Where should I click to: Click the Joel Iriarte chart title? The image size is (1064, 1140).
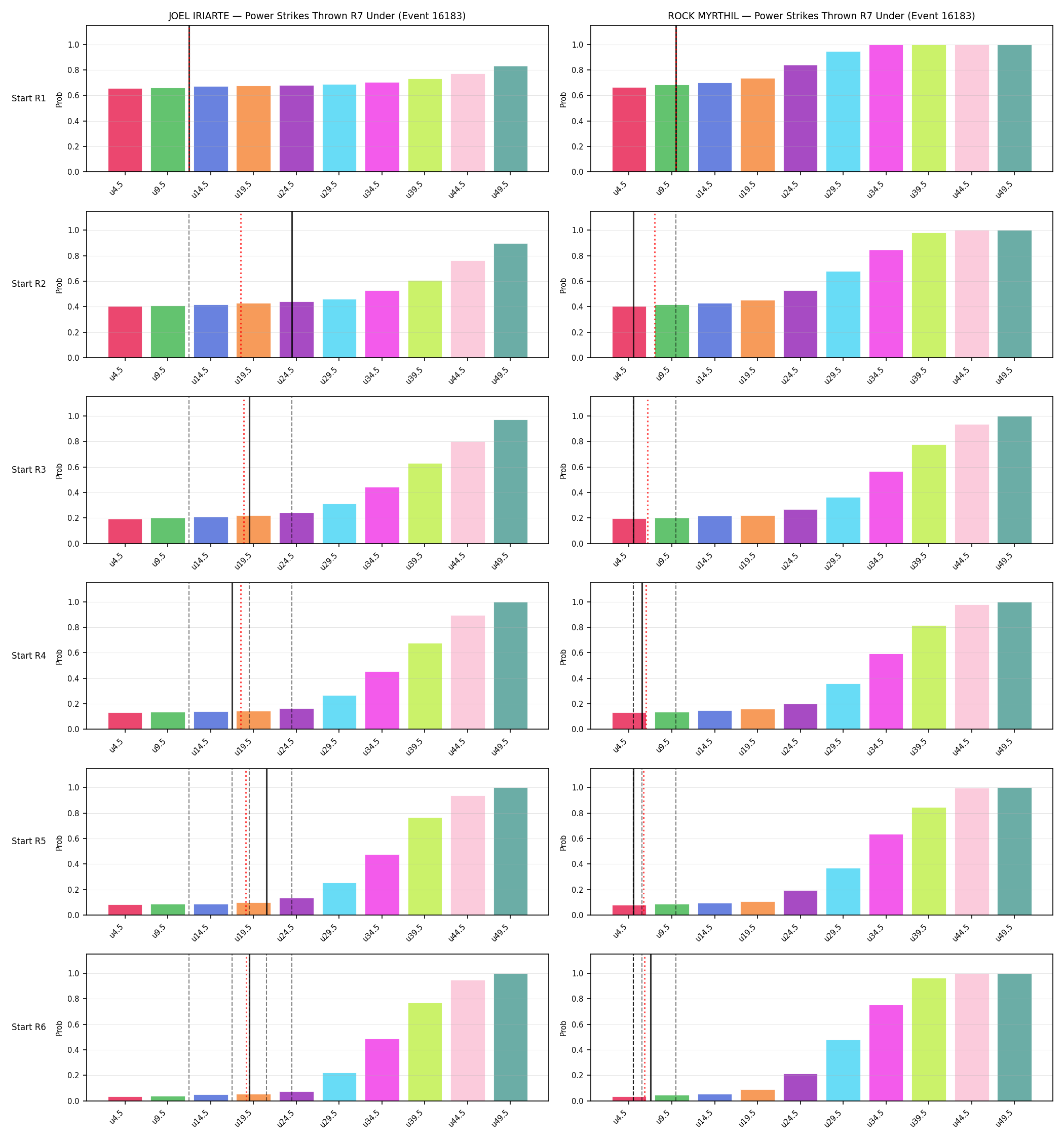pyautogui.click(x=317, y=16)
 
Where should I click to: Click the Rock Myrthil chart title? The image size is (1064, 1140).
pyautogui.click(x=821, y=16)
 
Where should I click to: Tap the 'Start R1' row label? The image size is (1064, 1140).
pyautogui.click(x=29, y=98)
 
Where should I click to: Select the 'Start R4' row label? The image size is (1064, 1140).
pyautogui.click(x=29, y=656)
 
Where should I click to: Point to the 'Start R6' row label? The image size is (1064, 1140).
pyautogui.click(x=29, y=1027)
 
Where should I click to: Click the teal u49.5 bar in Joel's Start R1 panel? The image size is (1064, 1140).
pyautogui.click(x=511, y=119)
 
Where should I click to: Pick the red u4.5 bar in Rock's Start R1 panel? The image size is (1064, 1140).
pyautogui.click(x=629, y=130)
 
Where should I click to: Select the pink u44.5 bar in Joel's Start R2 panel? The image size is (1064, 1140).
pyautogui.click(x=468, y=309)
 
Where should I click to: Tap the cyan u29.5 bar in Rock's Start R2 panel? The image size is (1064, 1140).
pyautogui.click(x=843, y=315)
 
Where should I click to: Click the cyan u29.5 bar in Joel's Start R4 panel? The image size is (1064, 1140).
pyautogui.click(x=339, y=712)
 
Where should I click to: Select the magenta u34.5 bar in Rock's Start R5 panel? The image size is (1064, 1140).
pyautogui.click(x=886, y=875)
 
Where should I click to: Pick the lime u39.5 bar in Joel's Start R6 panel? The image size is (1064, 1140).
pyautogui.click(x=425, y=1052)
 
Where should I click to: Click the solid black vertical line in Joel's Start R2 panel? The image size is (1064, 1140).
pyautogui.click(x=292, y=284)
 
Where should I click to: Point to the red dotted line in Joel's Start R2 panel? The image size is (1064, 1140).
pyautogui.click(x=241, y=284)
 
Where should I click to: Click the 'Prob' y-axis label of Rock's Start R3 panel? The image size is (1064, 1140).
pyautogui.click(x=563, y=470)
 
